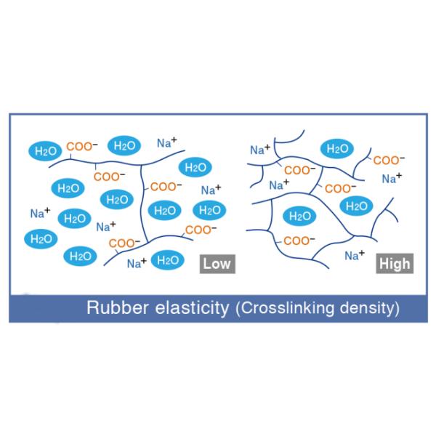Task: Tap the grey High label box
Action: [395, 263]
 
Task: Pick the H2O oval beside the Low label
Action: [168, 260]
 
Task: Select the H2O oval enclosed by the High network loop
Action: [298, 216]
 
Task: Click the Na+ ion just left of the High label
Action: [354, 255]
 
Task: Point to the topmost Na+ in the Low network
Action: [168, 144]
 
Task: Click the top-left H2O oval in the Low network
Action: [46, 150]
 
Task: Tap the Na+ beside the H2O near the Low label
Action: [137, 263]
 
